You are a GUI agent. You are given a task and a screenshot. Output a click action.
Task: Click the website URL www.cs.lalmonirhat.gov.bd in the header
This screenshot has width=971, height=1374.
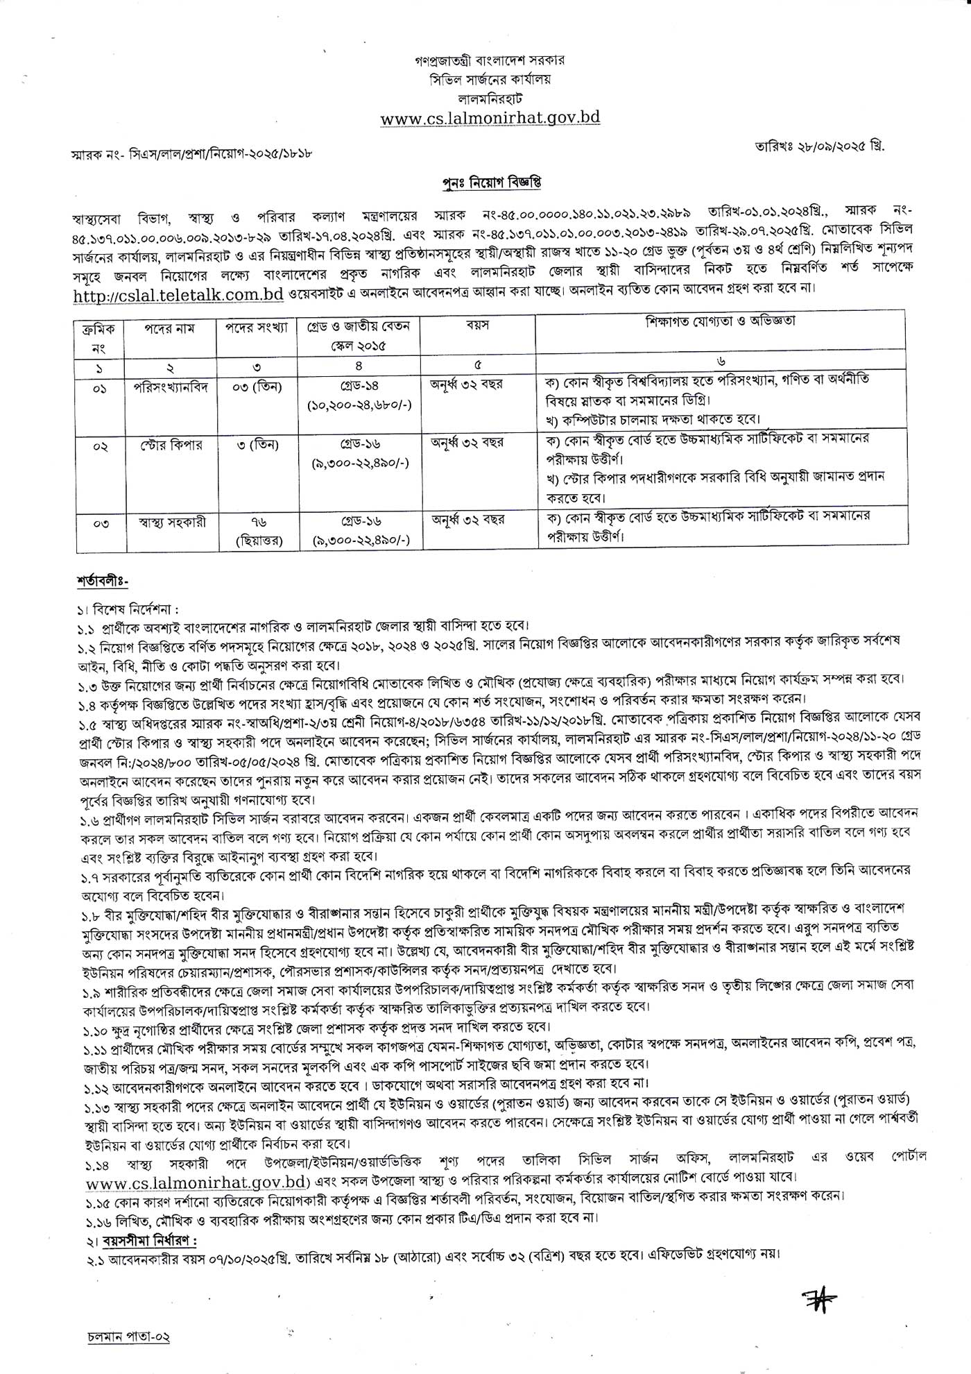pos(490,118)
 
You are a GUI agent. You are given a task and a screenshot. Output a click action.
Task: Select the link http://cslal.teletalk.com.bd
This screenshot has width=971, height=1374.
pos(178,294)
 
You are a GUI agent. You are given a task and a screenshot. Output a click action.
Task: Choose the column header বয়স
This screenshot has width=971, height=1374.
pos(477,325)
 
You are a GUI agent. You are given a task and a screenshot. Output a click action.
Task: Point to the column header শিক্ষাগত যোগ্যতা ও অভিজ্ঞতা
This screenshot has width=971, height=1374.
pos(720,321)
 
